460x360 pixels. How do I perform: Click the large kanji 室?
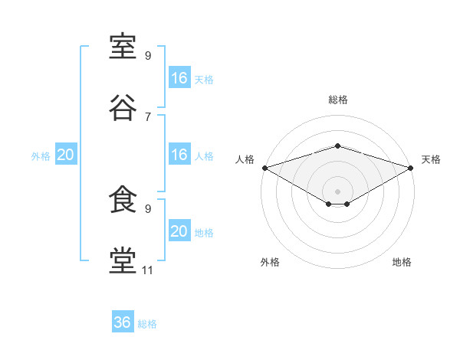(x=123, y=46)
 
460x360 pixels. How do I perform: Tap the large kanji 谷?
(x=123, y=107)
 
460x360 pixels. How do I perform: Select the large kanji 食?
(x=123, y=199)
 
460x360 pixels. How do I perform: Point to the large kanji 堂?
(x=123, y=260)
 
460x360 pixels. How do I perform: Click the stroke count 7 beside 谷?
(x=148, y=117)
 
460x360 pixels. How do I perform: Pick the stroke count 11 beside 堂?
(x=147, y=270)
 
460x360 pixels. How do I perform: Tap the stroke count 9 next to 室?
(x=148, y=56)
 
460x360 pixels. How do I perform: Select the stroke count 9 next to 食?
(x=148, y=209)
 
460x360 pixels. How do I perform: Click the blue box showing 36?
(x=123, y=321)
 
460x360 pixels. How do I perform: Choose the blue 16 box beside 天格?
(x=179, y=77)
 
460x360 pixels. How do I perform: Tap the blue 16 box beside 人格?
(x=179, y=154)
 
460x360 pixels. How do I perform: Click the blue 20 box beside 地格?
(x=179, y=230)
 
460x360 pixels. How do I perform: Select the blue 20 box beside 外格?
(x=66, y=154)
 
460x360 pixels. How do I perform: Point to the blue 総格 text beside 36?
(x=147, y=324)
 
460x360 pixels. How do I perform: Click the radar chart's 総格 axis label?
(x=338, y=100)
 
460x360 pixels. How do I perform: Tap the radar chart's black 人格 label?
(x=245, y=159)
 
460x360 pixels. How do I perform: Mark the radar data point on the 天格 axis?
(x=411, y=168)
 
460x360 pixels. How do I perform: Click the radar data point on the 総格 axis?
(x=337, y=146)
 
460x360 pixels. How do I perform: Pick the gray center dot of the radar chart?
(x=337, y=191)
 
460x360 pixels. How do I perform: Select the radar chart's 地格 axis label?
(x=402, y=262)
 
